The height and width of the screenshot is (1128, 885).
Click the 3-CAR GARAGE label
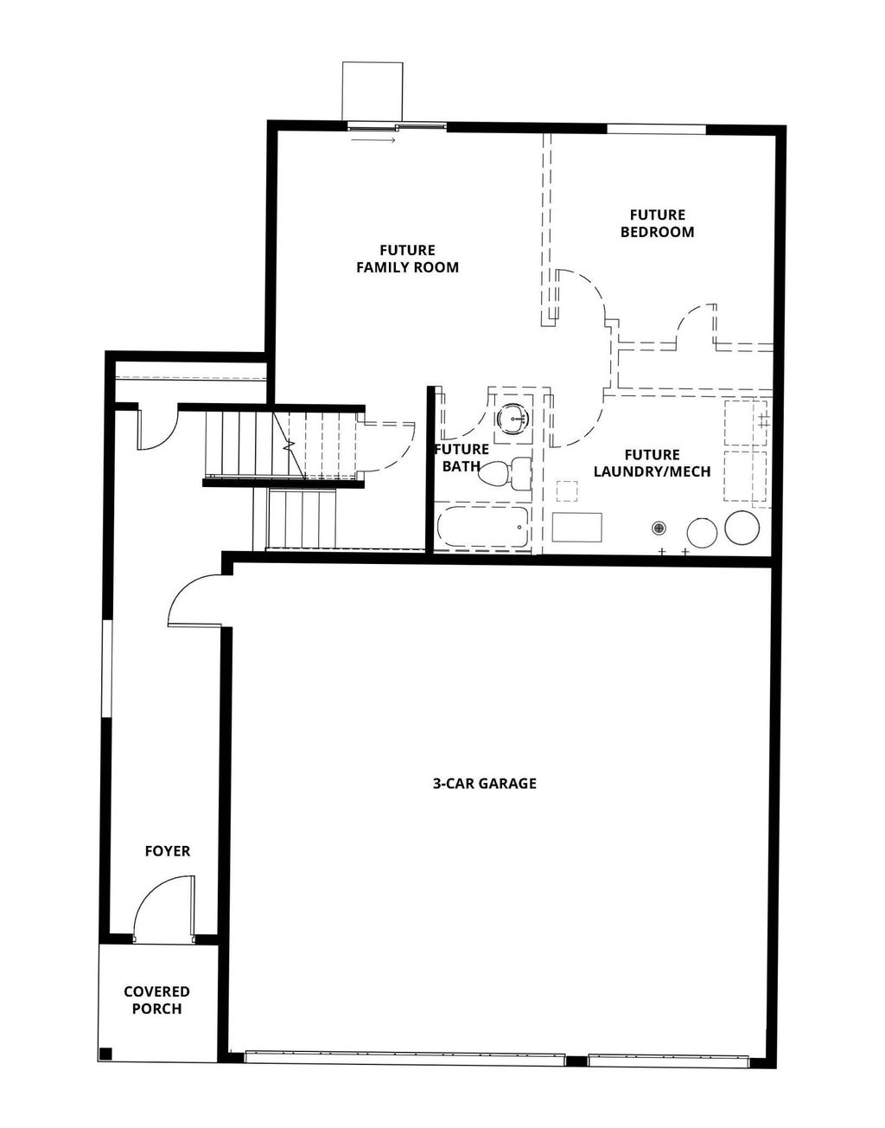[x=484, y=784]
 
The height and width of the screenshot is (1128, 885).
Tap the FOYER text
[x=167, y=851]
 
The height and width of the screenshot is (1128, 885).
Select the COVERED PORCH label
[x=156, y=1000]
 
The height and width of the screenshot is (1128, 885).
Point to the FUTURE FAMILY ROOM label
[x=407, y=259]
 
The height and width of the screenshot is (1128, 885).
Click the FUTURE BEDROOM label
[x=657, y=223]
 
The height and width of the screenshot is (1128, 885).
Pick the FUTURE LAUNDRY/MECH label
[x=652, y=463]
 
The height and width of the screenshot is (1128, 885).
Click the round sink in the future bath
[x=515, y=420]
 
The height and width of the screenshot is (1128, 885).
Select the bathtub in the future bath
[x=483, y=527]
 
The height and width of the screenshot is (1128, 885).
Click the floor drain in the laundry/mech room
[x=659, y=527]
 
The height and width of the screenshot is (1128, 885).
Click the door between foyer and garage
[x=195, y=600]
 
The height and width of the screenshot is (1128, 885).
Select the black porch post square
[x=105, y=1053]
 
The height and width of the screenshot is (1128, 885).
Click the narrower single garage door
[x=667, y=1057]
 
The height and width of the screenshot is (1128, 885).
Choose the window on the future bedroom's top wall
[x=656, y=130]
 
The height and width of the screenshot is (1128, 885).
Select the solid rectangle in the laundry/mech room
[x=576, y=527]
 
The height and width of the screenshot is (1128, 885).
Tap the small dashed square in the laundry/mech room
[x=567, y=491]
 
